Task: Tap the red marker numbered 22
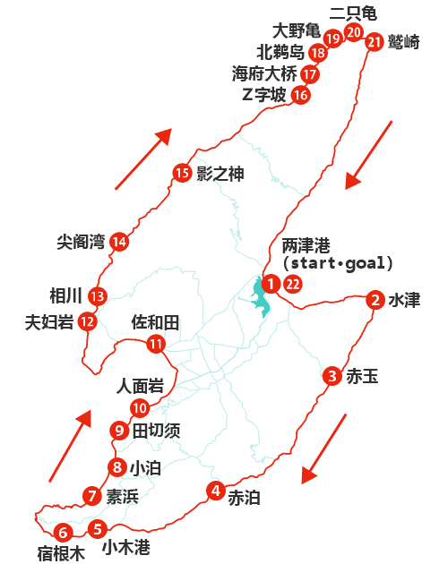point(293,285)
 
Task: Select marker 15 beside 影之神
point(183,174)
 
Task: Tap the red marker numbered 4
point(216,490)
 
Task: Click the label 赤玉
point(363,377)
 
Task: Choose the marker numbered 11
point(157,343)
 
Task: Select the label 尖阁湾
point(80,242)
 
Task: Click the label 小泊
point(145,467)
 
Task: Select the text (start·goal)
point(337,263)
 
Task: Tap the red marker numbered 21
point(375,41)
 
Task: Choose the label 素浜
point(122,496)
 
